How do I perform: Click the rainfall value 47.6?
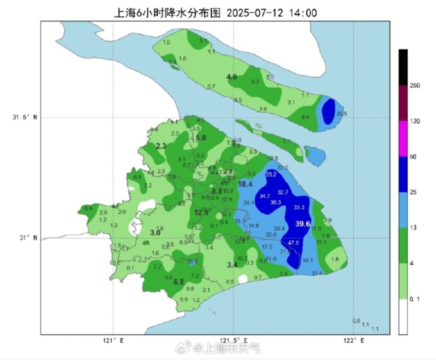click(293, 243)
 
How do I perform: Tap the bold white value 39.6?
click(303, 223)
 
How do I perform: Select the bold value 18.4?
click(245, 185)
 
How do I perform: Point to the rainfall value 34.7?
click(265, 196)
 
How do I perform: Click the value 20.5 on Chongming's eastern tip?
click(341, 114)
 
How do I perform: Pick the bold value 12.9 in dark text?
click(201, 213)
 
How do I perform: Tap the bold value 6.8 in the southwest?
click(178, 282)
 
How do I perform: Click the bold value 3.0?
click(155, 233)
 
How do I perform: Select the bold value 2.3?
click(161, 147)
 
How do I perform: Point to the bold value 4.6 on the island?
click(232, 77)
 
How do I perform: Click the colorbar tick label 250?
click(415, 86)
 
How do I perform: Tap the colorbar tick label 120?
click(415, 121)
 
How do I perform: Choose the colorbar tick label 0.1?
click(415, 299)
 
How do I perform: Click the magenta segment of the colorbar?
click(403, 139)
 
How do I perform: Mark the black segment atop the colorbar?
click(403, 67)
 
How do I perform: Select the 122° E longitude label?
click(353, 341)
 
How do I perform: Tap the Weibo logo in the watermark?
click(183, 348)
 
